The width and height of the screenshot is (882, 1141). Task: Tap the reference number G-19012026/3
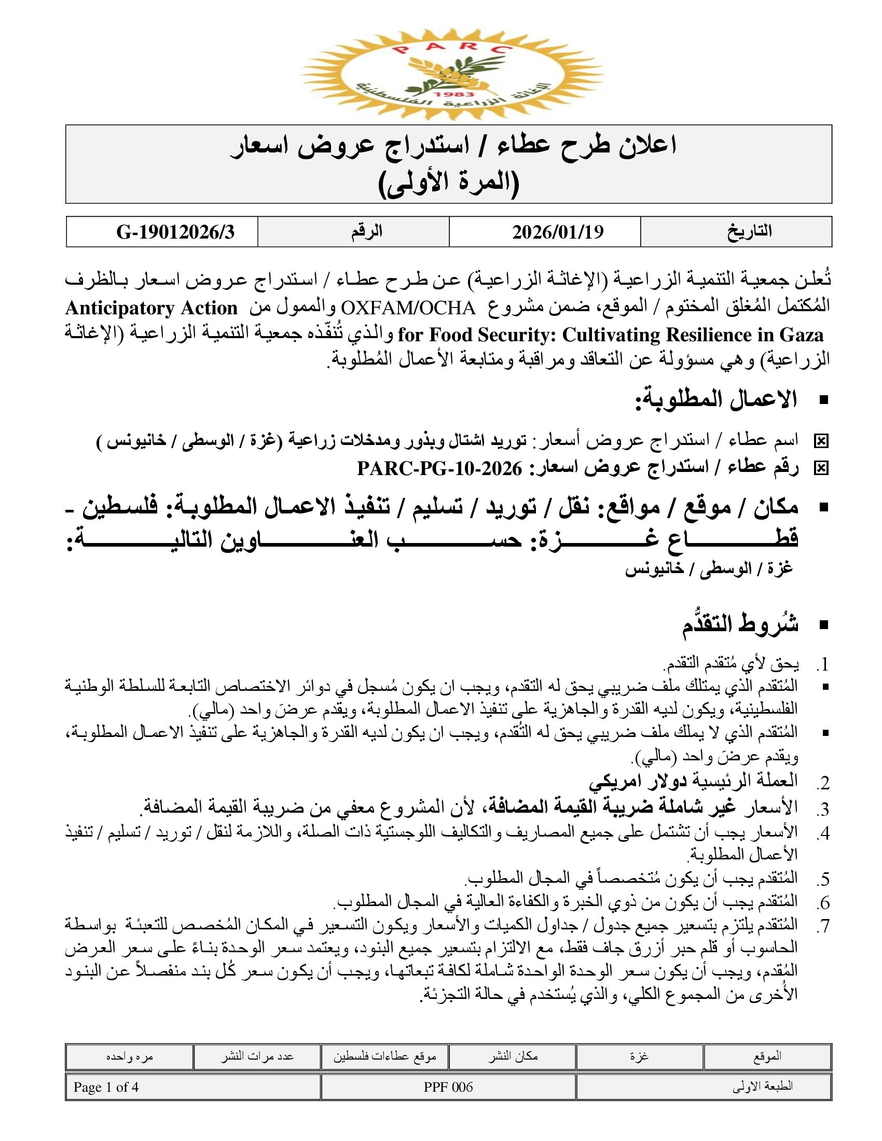(175, 232)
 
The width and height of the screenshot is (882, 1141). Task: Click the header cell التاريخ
(749, 231)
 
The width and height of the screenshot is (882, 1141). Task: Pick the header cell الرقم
(367, 231)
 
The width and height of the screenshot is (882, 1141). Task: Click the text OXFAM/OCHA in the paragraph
(408, 308)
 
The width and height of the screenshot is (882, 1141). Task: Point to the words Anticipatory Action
(151, 308)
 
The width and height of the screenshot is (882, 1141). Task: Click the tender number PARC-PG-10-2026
(439, 469)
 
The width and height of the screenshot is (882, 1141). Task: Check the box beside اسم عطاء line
(821, 442)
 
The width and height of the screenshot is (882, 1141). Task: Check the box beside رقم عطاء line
(821, 469)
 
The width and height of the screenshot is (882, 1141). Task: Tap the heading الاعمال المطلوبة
(716, 400)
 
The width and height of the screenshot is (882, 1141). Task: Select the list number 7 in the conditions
(823, 926)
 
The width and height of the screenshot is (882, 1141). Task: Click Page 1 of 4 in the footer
(106, 1087)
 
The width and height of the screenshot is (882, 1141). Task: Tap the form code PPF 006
(448, 1087)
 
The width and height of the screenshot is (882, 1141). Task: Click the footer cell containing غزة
(639, 1056)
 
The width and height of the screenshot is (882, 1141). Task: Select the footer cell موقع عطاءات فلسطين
(385, 1057)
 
